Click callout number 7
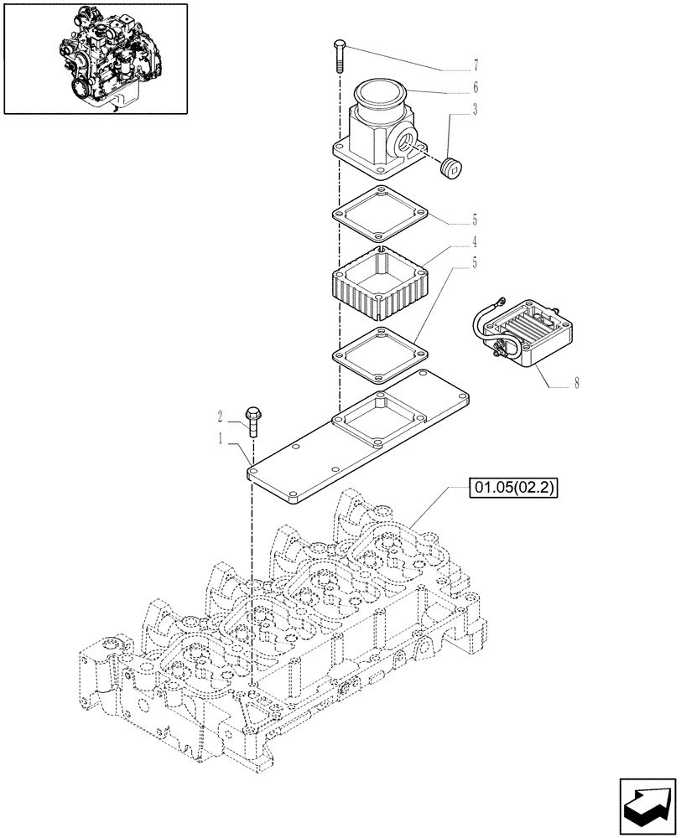click(x=476, y=64)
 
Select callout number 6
click(x=476, y=86)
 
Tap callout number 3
click(x=476, y=109)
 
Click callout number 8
click(x=577, y=385)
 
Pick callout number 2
click(x=221, y=415)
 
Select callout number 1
click(x=221, y=437)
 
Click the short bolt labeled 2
click(x=252, y=420)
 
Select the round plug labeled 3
click(x=453, y=167)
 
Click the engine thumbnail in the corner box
click(x=96, y=58)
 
